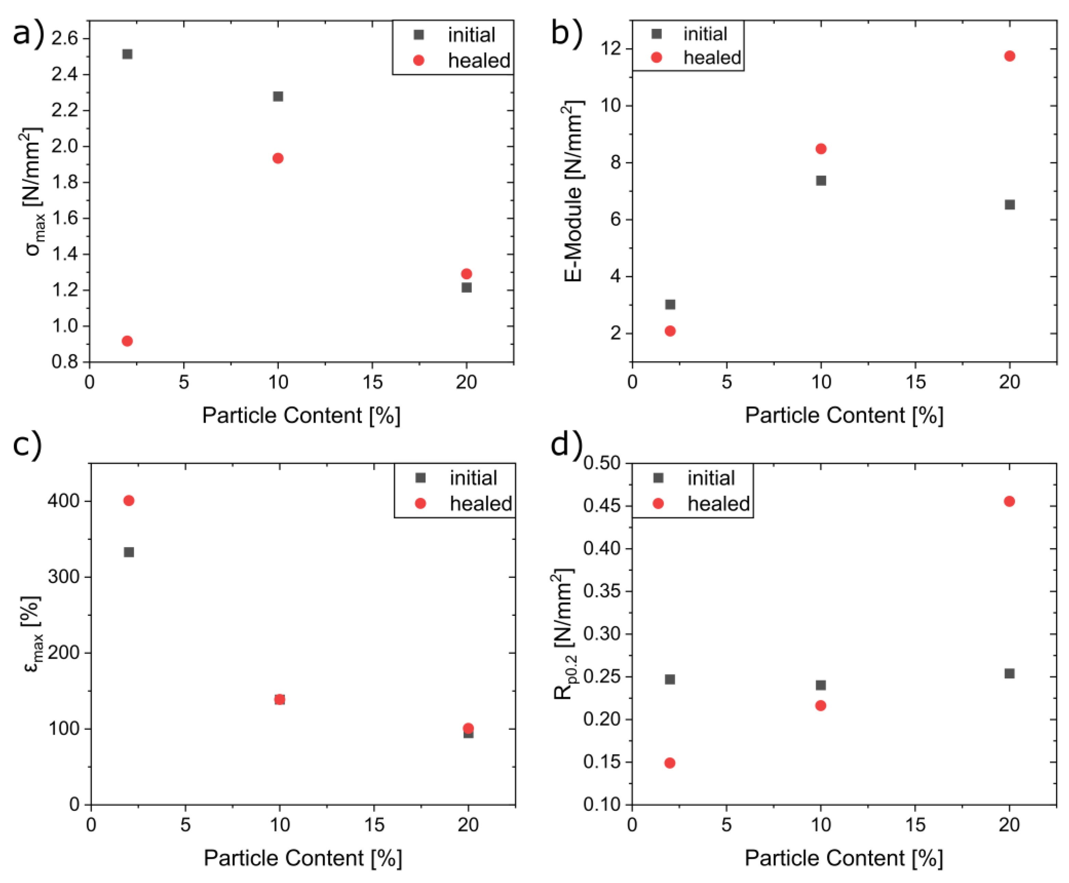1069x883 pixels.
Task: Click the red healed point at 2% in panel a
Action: pyautogui.click(x=127, y=341)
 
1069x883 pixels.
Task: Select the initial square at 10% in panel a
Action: pyautogui.click(x=278, y=96)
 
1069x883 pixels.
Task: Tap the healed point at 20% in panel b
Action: pyautogui.click(x=1009, y=56)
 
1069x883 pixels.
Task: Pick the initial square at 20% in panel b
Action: pyautogui.click(x=1009, y=204)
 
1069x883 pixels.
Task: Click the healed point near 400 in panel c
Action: pyautogui.click(x=129, y=501)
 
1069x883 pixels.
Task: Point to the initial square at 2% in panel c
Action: pyautogui.click(x=129, y=552)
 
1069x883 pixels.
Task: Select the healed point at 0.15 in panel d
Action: pyautogui.click(x=670, y=763)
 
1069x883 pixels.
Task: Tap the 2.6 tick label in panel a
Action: pyautogui.click(x=64, y=39)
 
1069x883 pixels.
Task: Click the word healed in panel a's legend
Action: pyautogui.click(x=479, y=60)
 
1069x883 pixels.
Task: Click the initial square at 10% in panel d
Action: pyautogui.click(x=821, y=685)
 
